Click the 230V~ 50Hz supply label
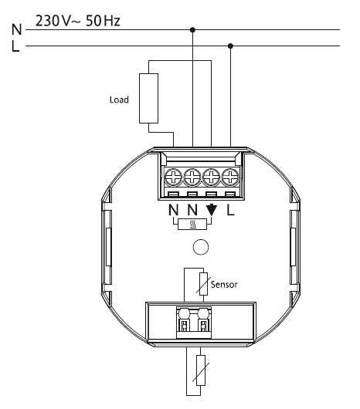click(77, 21)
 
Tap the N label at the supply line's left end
click(17, 29)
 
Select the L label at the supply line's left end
click(15, 46)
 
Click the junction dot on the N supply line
click(192, 30)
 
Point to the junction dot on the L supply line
click(230, 46)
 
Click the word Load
click(119, 100)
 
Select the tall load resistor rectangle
click(148, 98)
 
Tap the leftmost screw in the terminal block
click(173, 177)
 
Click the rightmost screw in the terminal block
click(230, 177)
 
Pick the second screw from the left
click(192, 177)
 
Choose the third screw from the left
click(211, 177)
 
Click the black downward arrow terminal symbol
click(212, 210)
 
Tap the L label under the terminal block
click(230, 210)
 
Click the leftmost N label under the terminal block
click(173, 210)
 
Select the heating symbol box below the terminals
click(192, 225)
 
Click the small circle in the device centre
click(201, 247)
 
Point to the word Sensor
click(224, 284)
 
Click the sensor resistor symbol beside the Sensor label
click(203, 284)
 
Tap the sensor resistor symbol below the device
click(201, 370)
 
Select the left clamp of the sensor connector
click(185, 320)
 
